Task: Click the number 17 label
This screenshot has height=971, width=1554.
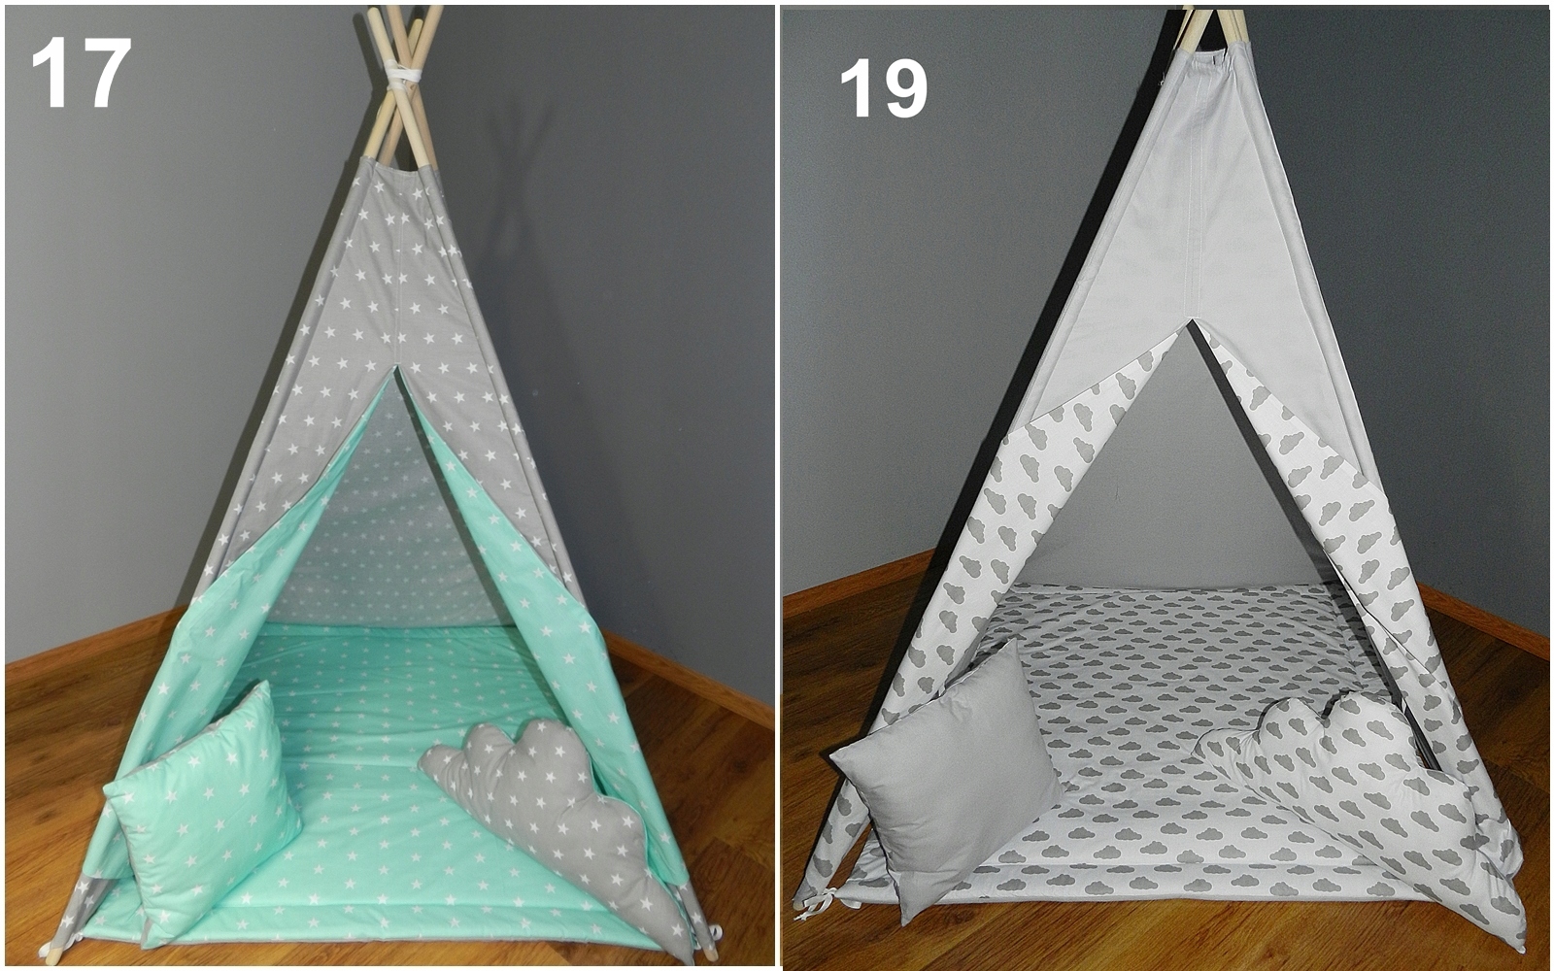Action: (82, 72)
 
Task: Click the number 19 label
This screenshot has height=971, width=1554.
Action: (883, 88)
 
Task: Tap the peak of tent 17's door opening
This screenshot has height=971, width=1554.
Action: (396, 368)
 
